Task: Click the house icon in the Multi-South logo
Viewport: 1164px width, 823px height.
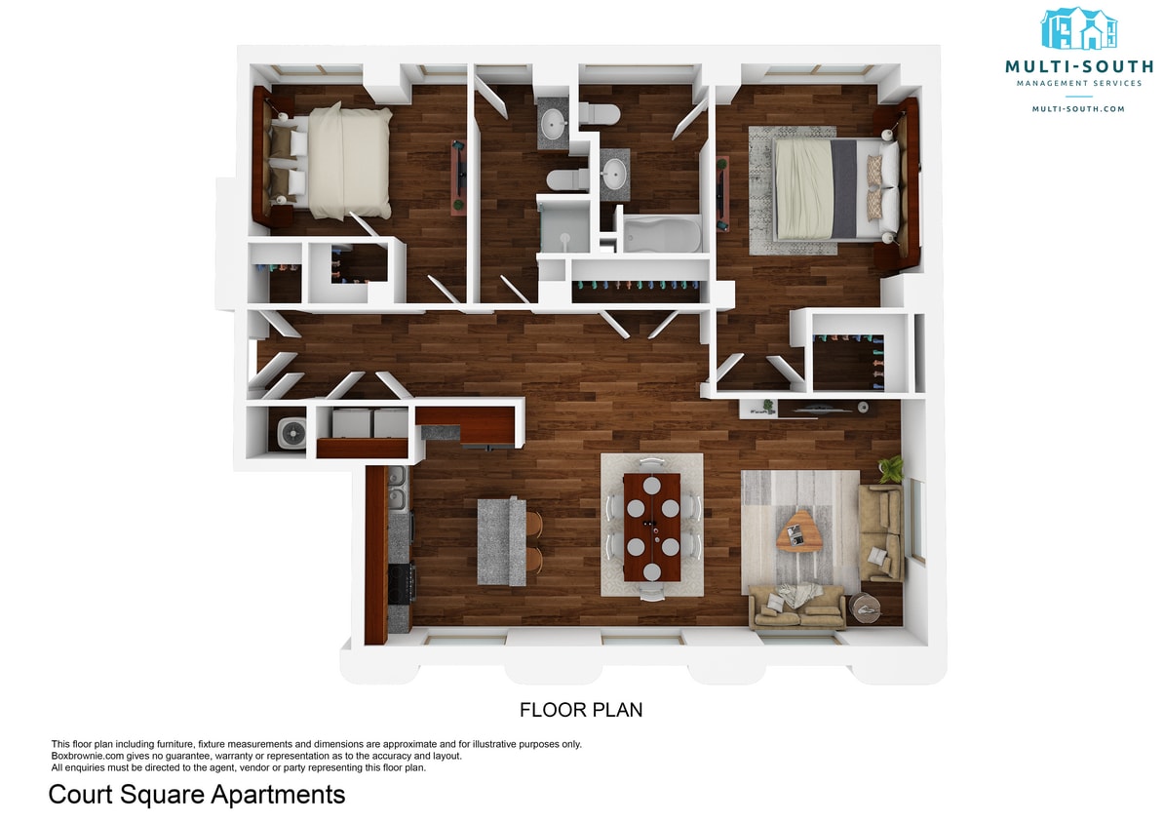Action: coord(1079,29)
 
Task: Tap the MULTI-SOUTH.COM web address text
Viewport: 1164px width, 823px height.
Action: coord(1078,109)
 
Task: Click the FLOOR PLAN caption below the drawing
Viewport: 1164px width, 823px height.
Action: coord(581,710)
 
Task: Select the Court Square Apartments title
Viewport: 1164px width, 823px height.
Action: coord(197,795)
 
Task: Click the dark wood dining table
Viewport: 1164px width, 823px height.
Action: coord(652,527)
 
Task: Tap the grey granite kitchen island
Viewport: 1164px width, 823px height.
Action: coord(501,541)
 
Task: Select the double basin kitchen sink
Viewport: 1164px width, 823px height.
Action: coord(397,488)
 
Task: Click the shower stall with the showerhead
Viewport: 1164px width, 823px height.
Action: coord(564,225)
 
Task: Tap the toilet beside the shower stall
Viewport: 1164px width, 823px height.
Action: coord(566,178)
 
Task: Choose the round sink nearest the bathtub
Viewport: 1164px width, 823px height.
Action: coord(615,175)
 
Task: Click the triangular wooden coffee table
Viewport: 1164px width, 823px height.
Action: coord(800,531)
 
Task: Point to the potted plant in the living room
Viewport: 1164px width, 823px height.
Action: coord(889,469)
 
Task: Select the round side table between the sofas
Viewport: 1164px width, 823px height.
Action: coord(866,608)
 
